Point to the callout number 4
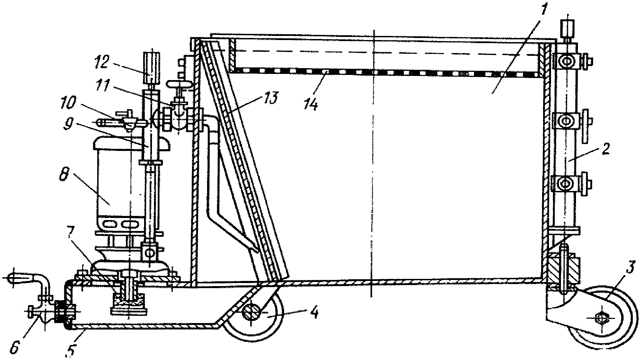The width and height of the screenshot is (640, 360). click(315, 313)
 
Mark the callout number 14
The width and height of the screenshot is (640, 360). click(311, 104)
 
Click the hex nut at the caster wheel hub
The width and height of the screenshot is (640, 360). click(601, 318)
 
